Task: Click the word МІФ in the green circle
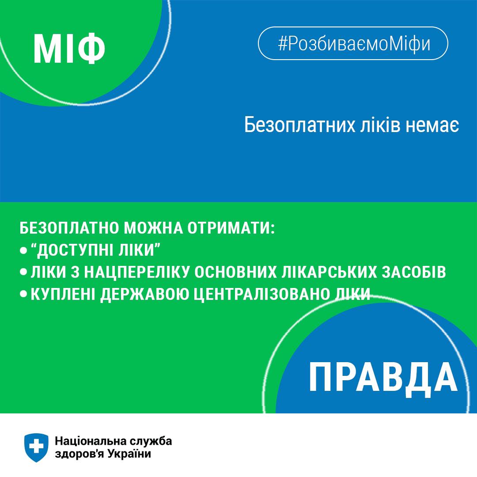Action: point(69,48)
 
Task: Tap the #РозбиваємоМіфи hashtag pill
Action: point(353,43)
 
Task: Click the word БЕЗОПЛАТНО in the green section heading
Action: point(69,228)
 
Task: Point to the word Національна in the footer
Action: point(90,440)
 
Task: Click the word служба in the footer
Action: point(150,440)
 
